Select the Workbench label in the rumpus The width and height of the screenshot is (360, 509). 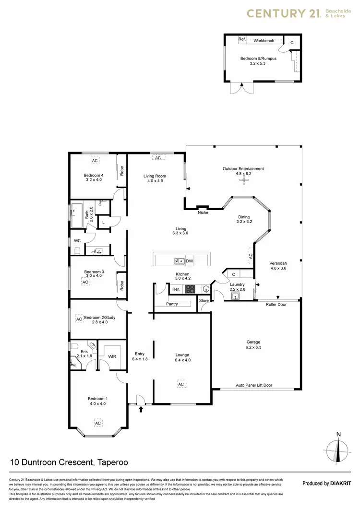coord(264,41)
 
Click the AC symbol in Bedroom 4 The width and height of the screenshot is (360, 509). coord(95,161)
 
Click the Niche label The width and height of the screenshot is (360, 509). coord(204,213)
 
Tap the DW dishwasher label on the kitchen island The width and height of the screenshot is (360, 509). coord(190,261)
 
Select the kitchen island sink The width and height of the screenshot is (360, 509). coord(179,261)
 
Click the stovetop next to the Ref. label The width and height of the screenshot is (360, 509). coord(190,289)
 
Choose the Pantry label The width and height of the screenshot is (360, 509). coord(172,304)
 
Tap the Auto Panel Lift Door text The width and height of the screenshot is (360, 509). coord(254,385)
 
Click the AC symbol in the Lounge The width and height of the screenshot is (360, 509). coord(181,385)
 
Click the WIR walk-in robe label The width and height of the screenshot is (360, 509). coord(112,356)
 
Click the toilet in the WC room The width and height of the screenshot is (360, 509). coord(77,250)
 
